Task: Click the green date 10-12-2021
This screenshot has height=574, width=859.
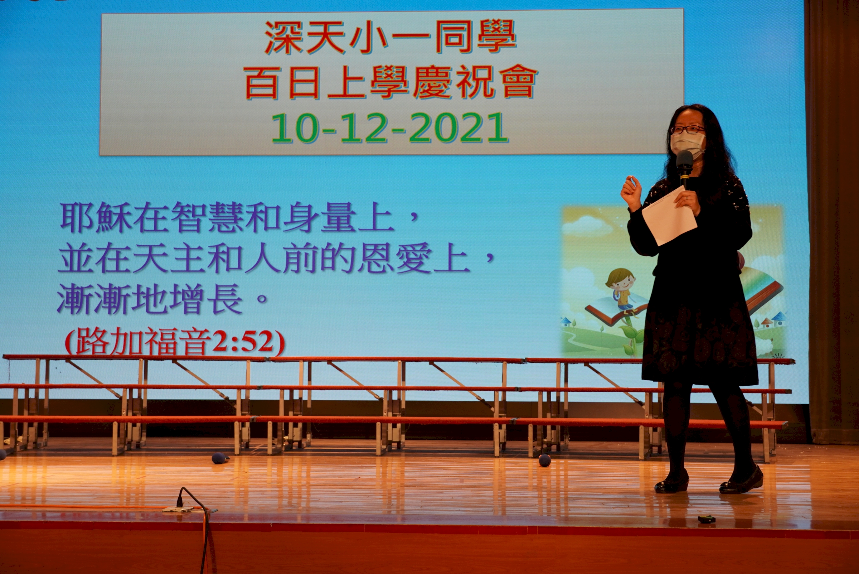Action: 390,128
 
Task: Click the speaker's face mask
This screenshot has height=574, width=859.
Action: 687,143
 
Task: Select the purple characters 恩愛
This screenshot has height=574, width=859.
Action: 395,260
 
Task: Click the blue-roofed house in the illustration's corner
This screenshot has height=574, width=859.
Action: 778,316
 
